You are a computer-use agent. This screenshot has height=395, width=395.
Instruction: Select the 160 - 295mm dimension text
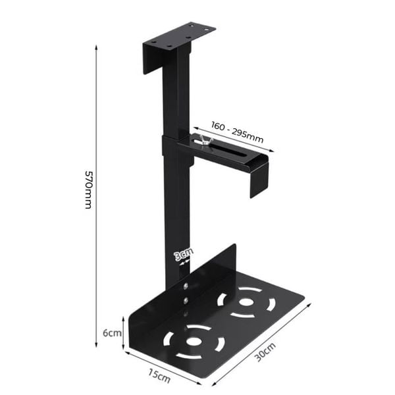coord(237,132)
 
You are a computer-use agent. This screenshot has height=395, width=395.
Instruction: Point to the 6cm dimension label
coord(113,332)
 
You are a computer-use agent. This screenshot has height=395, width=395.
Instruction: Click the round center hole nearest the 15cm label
coord(194,342)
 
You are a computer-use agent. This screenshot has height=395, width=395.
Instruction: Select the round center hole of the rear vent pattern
coord(247,302)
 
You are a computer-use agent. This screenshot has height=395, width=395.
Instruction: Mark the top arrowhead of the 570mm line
coord(97,48)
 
